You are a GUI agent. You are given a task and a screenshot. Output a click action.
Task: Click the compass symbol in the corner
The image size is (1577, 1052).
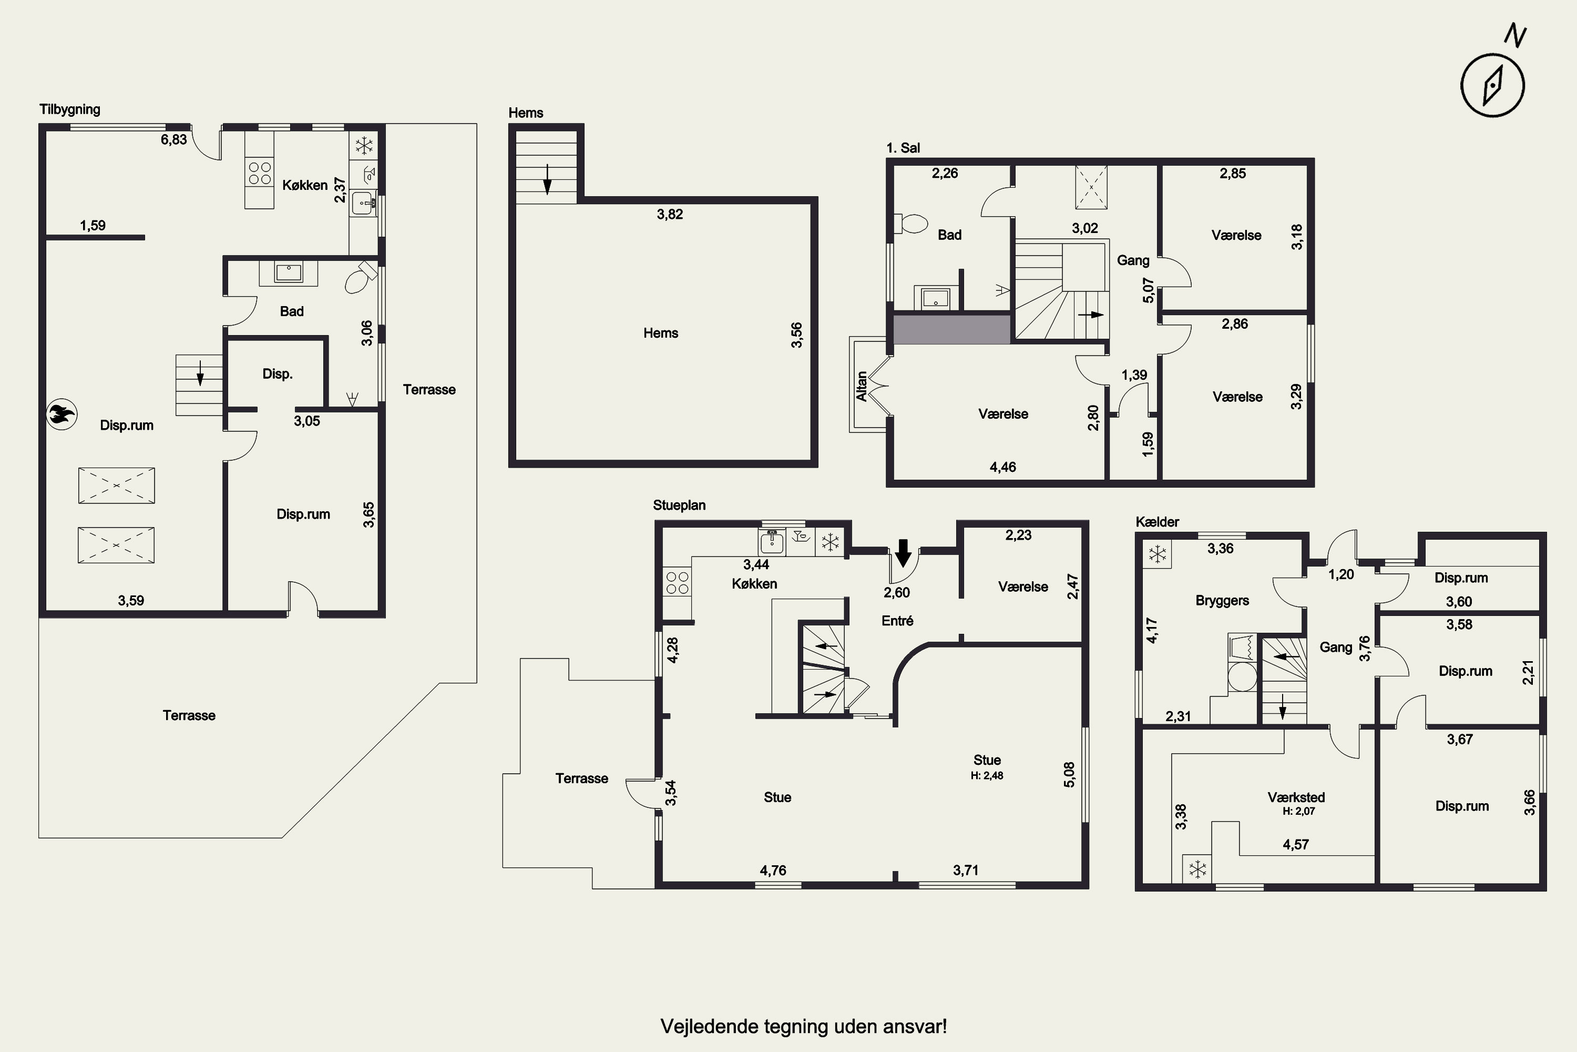(1492, 85)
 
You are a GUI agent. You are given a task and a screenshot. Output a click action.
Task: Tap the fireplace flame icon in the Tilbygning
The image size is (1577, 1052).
(62, 414)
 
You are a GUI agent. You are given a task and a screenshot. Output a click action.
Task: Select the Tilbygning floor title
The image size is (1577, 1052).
(70, 109)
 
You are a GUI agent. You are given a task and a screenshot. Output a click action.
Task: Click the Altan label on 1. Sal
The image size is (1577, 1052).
(862, 387)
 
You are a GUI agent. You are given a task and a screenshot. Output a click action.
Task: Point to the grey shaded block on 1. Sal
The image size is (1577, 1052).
(951, 329)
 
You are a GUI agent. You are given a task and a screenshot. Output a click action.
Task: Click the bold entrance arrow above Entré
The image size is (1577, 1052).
(903, 553)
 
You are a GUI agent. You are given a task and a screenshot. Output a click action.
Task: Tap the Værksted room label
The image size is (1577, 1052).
(1296, 797)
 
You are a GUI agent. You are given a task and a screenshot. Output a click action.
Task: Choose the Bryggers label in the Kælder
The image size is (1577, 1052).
(1222, 601)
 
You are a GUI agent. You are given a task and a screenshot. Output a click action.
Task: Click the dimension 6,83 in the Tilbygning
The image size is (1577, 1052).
(173, 139)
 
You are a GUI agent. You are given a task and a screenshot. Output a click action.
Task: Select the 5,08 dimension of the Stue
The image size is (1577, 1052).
(1069, 774)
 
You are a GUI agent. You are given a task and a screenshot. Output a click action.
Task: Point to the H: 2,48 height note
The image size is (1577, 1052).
(987, 775)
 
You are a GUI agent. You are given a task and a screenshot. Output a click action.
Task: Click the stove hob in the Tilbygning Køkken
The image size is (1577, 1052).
(260, 173)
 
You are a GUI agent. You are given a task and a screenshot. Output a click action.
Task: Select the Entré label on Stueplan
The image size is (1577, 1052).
(897, 621)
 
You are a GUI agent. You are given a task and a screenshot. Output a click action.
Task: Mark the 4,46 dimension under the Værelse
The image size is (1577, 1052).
(1002, 467)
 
